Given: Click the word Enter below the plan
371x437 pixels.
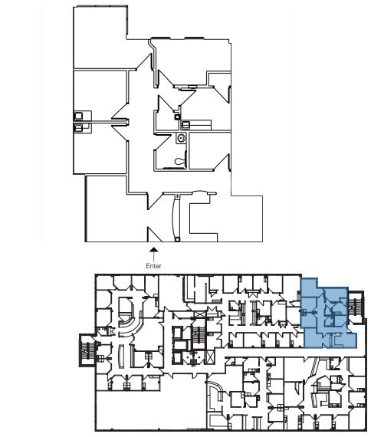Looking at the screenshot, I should point(154,265).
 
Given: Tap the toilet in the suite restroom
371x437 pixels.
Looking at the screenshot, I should point(179,161).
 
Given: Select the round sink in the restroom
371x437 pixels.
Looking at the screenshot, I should point(182,139).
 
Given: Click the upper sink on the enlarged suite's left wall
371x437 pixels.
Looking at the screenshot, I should point(79,116).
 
